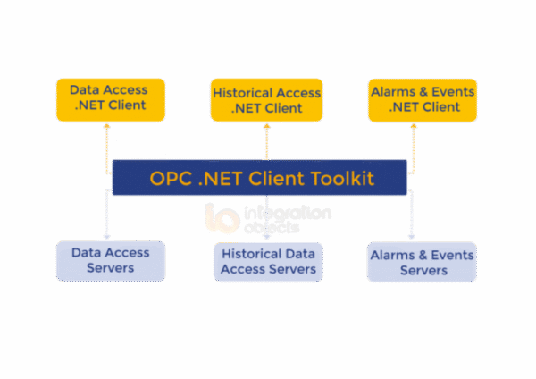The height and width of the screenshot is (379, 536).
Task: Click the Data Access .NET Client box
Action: tap(108, 98)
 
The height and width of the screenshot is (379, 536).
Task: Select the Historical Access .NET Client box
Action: tap(266, 100)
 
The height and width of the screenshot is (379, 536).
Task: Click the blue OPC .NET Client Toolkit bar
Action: tap(259, 178)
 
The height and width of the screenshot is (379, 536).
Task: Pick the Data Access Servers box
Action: tap(110, 260)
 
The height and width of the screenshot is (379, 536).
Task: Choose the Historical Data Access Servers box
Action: tap(267, 261)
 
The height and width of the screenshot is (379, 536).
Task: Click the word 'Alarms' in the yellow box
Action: tap(396, 90)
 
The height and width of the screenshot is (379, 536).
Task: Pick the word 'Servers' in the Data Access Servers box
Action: tap(110, 268)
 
